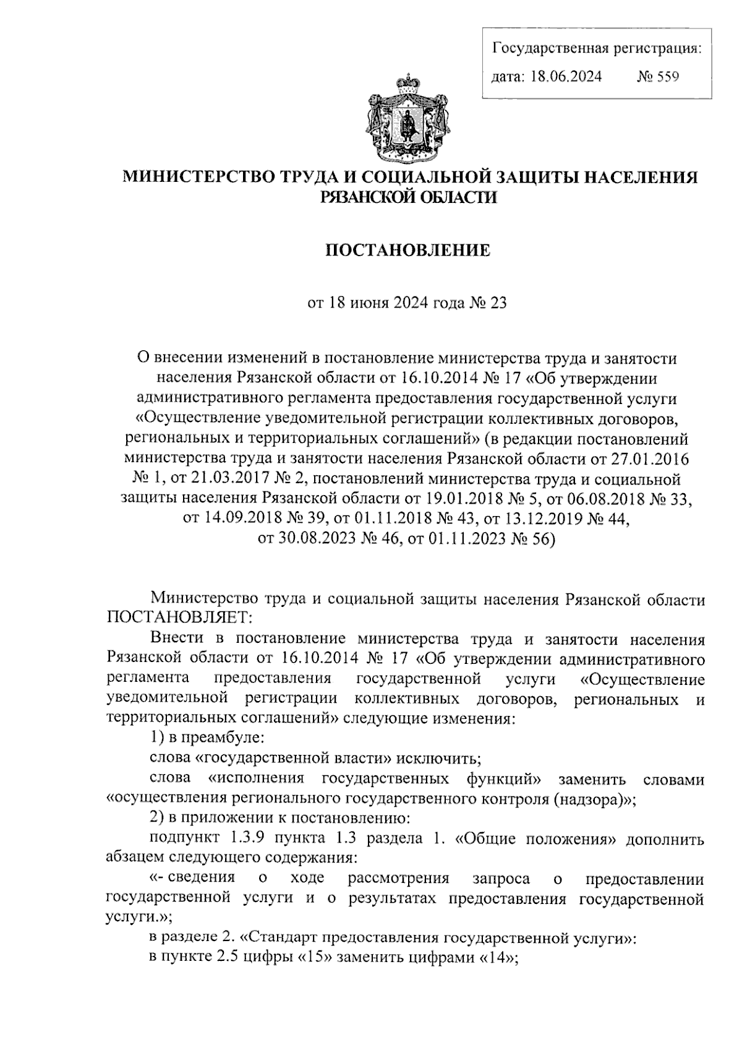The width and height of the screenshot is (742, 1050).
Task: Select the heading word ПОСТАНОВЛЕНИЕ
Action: [x=407, y=251]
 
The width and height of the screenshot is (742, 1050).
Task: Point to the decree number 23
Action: [x=498, y=303]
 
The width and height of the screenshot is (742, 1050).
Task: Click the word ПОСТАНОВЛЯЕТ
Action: [x=179, y=617]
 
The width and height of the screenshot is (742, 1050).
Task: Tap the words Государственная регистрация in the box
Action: [x=596, y=48]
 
